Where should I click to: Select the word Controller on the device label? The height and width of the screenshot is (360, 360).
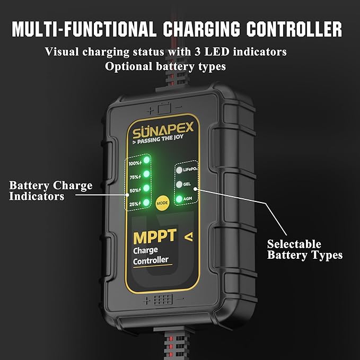151,260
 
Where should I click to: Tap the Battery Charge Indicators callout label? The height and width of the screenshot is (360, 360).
50,191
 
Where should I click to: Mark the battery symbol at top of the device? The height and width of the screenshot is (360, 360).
164,108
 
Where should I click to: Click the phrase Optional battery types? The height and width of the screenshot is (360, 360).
165,66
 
